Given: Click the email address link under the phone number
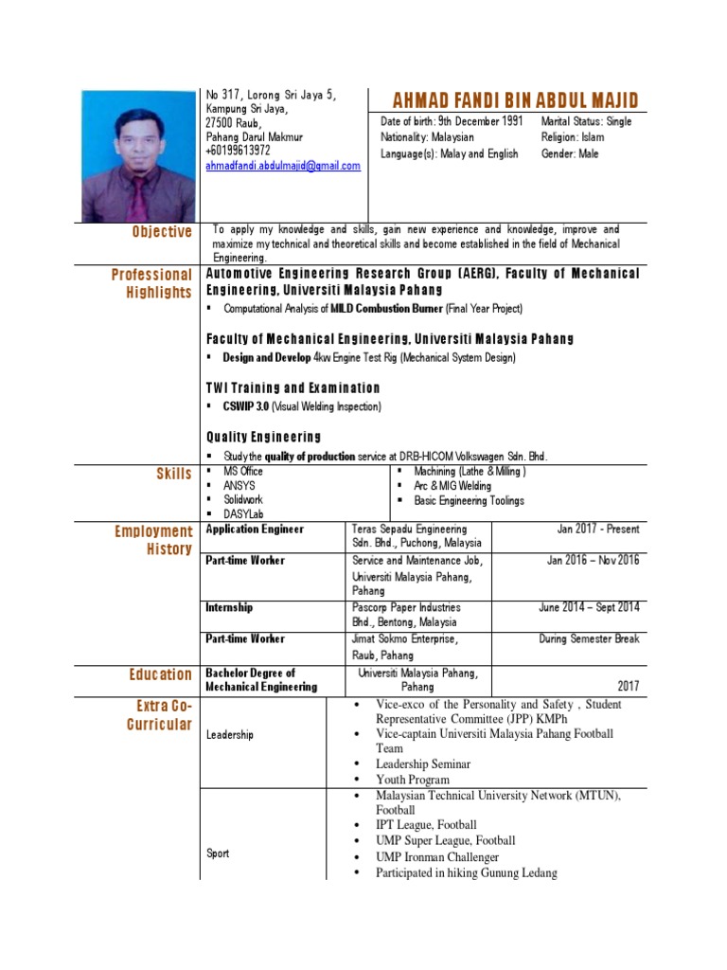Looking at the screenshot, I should tap(283, 166).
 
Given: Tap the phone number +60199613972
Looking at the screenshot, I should tap(238, 151).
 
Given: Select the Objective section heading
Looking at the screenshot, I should tap(162, 232).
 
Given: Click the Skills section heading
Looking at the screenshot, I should tap(173, 474).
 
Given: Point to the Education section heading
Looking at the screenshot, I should tap(161, 674).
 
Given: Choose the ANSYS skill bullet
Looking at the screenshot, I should tap(239, 486).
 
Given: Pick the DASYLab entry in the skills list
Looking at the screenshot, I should tap(243, 514).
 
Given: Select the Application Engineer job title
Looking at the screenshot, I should tap(255, 529).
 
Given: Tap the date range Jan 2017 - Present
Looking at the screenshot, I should tap(597, 529).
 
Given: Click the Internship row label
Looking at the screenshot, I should tap(229, 607).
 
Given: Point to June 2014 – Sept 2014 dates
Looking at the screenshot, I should tap(589, 607).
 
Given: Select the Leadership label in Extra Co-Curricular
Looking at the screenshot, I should tap(229, 735).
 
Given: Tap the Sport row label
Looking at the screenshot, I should tap(218, 853).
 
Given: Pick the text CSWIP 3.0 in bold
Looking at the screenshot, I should tap(246, 406).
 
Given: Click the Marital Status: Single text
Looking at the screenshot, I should tap(586, 122).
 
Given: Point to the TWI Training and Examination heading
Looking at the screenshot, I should tap(293, 387).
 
